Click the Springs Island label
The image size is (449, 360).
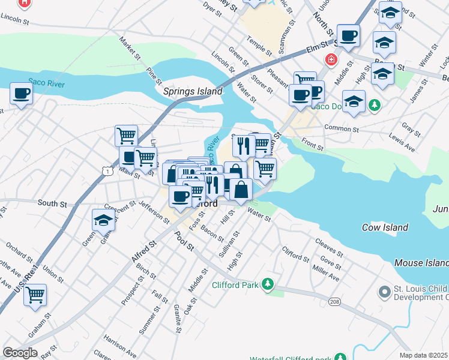193,92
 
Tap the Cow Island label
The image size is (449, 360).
385,227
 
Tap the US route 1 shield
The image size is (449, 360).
106,172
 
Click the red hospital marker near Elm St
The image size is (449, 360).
330,59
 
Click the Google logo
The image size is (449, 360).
20,353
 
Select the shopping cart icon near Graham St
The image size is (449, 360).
35,295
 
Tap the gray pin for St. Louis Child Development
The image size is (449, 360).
385,292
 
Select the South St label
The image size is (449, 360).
52,204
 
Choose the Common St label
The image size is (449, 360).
340,128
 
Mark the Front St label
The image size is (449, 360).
313,144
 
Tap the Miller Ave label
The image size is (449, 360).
326,275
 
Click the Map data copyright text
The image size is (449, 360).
424,355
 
